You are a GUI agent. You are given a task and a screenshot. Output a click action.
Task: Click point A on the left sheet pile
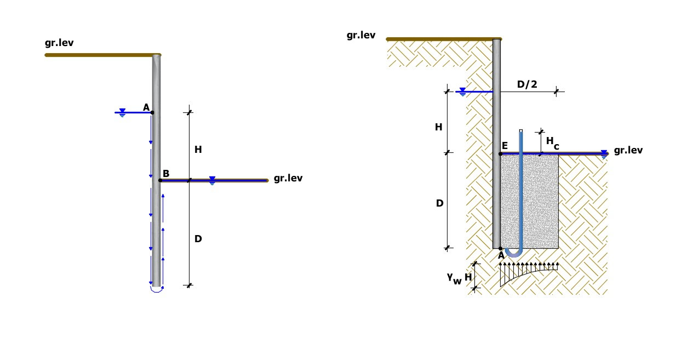(x=152, y=112)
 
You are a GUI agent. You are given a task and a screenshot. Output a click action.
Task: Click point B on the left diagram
(x=160, y=180)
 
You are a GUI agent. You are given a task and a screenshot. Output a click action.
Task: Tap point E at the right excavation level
(x=501, y=154)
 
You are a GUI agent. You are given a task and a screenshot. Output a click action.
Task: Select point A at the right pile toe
(x=501, y=249)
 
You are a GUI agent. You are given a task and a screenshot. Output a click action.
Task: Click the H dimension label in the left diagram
(x=198, y=149)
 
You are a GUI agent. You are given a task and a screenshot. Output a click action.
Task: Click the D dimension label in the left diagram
(x=198, y=239)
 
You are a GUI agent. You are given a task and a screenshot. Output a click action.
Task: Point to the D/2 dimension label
(x=526, y=84)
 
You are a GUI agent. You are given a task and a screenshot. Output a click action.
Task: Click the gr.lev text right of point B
(x=288, y=178)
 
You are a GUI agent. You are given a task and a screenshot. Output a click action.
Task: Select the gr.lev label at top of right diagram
(x=361, y=35)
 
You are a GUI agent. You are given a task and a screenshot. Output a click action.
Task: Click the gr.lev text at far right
(x=628, y=150)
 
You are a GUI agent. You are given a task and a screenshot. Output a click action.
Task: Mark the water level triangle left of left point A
(x=122, y=113)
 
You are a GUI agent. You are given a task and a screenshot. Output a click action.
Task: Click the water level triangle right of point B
(x=212, y=180)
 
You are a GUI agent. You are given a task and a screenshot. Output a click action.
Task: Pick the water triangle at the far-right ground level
(x=604, y=154)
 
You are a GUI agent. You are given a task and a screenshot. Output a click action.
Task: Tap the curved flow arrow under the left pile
(x=157, y=289)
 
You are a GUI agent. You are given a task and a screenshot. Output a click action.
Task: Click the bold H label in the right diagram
(x=439, y=127)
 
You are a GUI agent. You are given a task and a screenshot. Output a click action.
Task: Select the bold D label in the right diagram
(x=439, y=203)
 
